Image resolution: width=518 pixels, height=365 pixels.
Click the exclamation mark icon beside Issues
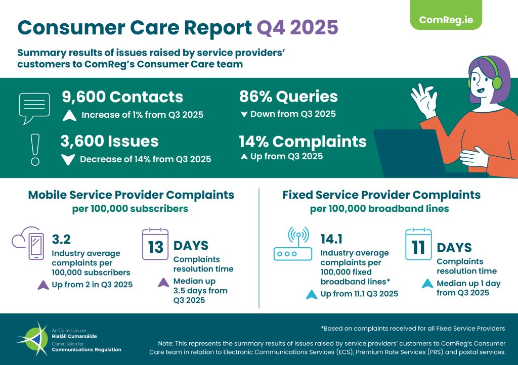pyautogui.click(x=35, y=149)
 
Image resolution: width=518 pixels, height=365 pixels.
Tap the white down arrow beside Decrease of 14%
pyautogui.click(x=67, y=160)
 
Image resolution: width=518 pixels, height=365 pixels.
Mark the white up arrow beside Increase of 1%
pyautogui.click(x=69, y=115)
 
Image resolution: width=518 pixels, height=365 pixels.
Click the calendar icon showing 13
pyautogui.click(x=155, y=245)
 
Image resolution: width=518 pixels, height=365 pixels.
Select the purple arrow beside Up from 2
pyautogui.click(x=44, y=285)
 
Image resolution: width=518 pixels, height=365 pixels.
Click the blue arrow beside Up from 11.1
pyautogui.click(x=312, y=294)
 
